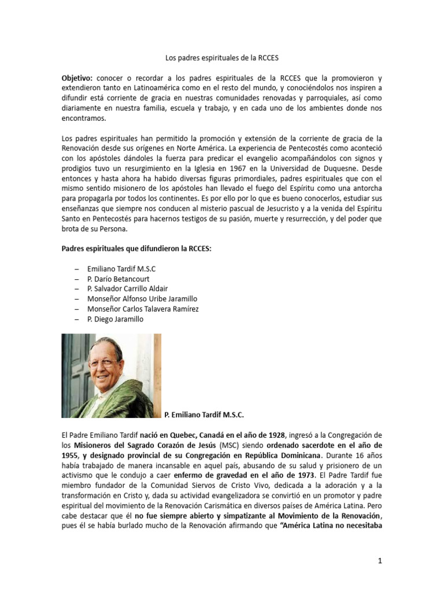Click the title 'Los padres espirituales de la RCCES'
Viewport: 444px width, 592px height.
coord(222,58)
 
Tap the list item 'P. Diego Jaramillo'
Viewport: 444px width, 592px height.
coord(115,319)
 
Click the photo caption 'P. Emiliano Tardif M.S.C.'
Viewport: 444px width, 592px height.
coord(204,415)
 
